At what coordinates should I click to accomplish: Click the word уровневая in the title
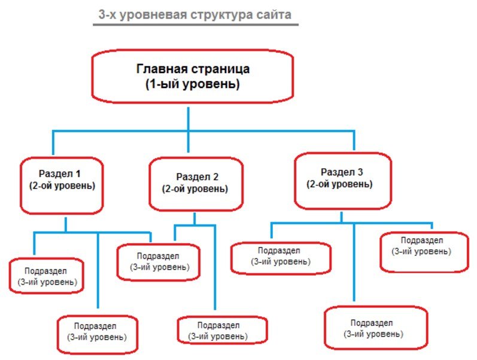click(x=153, y=15)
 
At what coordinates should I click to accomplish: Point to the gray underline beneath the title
click(x=196, y=25)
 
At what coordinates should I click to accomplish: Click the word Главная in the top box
click(x=162, y=68)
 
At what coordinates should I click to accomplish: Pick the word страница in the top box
click(x=221, y=69)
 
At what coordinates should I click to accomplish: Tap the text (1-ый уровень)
click(x=193, y=84)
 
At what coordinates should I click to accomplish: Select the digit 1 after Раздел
click(x=78, y=173)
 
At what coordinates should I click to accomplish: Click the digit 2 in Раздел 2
click(x=215, y=177)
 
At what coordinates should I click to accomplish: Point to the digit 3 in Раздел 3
click(x=360, y=172)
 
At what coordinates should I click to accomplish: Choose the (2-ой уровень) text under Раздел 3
click(x=339, y=184)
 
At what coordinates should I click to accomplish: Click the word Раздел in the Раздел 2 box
click(x=193, y=177)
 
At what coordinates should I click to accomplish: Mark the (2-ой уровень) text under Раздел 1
click(x=62, y=186)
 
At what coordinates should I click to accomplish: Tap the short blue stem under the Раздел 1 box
click(x=66, y=225)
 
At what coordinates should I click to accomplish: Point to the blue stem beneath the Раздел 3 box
click(x=341, y=217)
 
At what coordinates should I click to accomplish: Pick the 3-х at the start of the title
click(x=107, y=14)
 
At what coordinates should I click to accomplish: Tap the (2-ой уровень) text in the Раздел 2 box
click(x=195, y=189)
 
